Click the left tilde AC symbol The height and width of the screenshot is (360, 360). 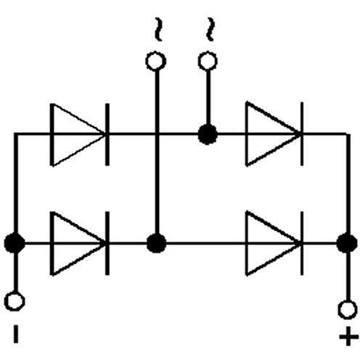point(158,29)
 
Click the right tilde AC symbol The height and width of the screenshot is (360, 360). point(210,29)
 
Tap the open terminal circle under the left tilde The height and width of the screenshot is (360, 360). point(156,61)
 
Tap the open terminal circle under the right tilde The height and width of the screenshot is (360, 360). point(208,61)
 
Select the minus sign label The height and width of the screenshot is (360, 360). point(16,334)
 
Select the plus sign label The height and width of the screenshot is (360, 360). point(348,336)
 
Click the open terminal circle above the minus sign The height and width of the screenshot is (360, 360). point(15,301)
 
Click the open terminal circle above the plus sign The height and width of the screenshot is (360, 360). point(348,309)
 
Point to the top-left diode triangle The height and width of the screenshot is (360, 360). point(78,134)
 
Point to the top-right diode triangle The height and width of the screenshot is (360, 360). point(273,134)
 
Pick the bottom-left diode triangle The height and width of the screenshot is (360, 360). point(78,243)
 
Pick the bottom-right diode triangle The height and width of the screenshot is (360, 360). point(273,243)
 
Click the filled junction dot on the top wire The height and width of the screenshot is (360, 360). point(208,134)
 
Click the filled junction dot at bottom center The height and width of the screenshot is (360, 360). point(157,243)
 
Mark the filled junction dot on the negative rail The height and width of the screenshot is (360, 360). point(15,243)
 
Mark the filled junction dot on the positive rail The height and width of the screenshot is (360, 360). point(347,243)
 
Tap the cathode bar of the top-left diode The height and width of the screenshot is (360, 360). point(107,134)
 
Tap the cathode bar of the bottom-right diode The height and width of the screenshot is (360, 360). point(302,243)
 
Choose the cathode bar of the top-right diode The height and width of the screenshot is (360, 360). point(302,134)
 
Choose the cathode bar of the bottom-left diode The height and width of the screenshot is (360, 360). point(107,243)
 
